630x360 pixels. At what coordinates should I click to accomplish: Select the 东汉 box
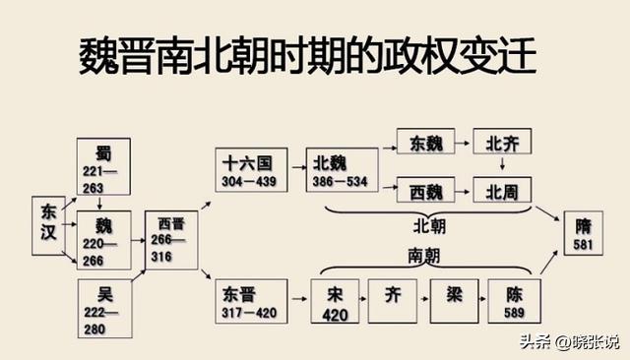point(49,227)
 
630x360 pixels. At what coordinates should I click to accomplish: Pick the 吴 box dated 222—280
point(104,306)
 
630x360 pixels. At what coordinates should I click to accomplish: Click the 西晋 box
point(171,239)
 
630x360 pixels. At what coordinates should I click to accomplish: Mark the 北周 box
point(502,190)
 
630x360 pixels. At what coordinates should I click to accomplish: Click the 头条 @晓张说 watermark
point(577,341)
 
